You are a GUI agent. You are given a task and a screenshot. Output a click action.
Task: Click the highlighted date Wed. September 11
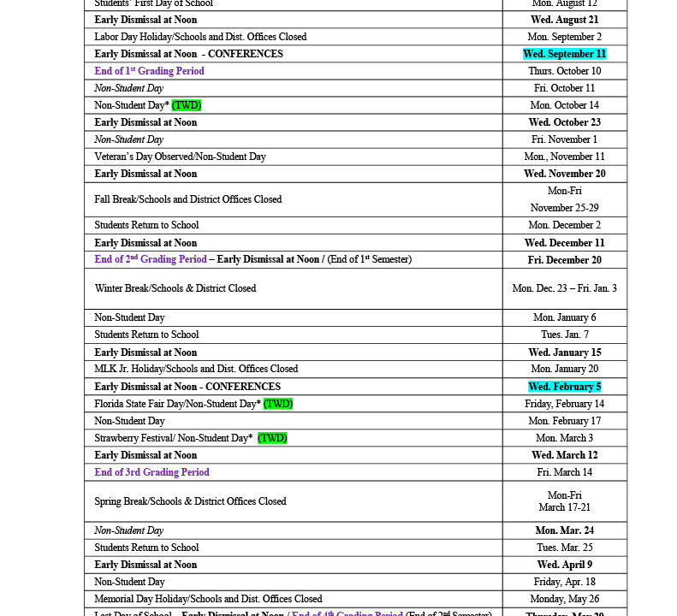[564, 54]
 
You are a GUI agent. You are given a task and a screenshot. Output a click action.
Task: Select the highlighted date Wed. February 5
[564, 387]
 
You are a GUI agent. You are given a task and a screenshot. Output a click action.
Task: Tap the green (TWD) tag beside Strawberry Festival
[272, 438]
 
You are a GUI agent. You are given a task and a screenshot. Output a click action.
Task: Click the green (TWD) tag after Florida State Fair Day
[278, 404]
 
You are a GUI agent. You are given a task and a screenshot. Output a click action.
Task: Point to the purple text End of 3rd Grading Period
[151, 472]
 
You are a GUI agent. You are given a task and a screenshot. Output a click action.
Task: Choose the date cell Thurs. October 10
[564, 71]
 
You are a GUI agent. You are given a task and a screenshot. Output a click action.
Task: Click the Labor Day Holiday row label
[200, 37]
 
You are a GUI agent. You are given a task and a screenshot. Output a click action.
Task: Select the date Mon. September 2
[564, 37]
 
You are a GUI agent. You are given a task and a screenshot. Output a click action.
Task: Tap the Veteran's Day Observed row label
[180, 157]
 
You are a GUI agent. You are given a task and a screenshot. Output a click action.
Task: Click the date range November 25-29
[564, 208]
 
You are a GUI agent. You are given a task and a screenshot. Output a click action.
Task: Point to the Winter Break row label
[175, 288]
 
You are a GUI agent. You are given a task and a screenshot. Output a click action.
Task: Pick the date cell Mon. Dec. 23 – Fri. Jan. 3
[564, 288]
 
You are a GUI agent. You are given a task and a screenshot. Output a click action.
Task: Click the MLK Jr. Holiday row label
[196, 369]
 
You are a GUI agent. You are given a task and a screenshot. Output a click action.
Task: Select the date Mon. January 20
[564, 369]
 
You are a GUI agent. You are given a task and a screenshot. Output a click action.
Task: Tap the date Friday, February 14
[564, 404]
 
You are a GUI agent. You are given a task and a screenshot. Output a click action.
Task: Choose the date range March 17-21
[564, 507]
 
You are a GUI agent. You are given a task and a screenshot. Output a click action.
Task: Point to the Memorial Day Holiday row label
[208, 599]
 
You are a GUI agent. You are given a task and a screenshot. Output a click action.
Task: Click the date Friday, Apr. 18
[564, 582]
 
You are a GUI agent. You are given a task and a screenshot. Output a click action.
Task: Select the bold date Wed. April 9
[564, 565]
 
